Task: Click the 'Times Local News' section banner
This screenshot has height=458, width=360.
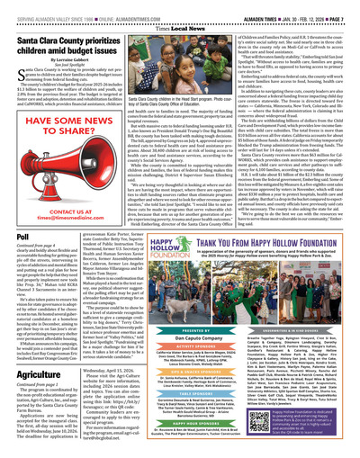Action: (179, 26)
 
